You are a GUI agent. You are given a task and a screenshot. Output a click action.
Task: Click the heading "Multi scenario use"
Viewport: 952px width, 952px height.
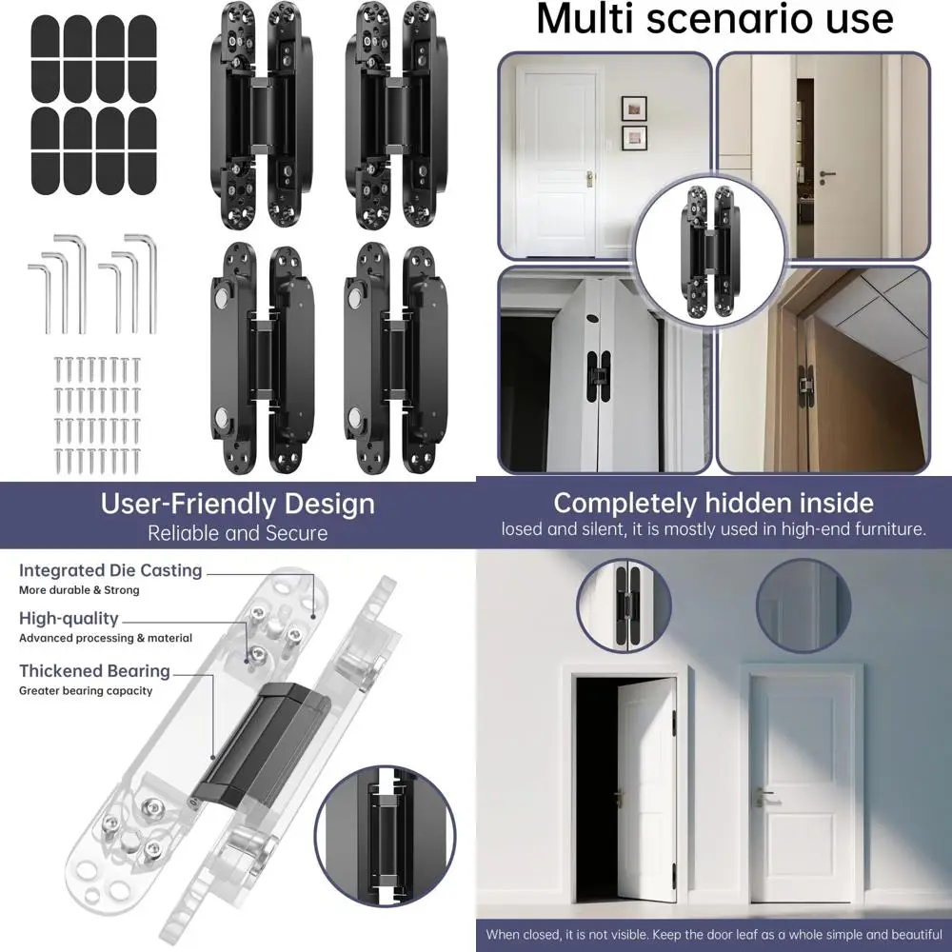pyautogui.click(x=715, y=20)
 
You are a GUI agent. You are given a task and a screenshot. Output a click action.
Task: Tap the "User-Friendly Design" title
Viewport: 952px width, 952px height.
pyautogui.click(x=238, y=504)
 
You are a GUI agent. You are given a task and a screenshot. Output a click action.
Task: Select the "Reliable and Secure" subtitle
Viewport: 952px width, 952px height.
pyautogui.click(x=238, y=533)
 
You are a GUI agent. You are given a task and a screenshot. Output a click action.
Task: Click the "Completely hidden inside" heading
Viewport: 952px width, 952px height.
pyautogui.click(x=714, y=503)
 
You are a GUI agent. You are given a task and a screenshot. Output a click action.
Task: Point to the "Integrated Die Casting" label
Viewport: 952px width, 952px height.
pyautogui.click(x=110, y=571)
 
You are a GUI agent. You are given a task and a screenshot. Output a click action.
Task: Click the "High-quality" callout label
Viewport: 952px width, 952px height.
pyautogui.click(x=69, y=619)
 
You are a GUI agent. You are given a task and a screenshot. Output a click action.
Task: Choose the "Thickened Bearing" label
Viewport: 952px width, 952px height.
pyautogui.click(x=94, y=671)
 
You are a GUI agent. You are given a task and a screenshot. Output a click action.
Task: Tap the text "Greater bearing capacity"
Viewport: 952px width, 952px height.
pyautogui.click(x=86, y=691)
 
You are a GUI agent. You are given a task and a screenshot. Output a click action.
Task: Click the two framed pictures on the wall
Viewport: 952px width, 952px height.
pyautogui.click(x=634, y=123)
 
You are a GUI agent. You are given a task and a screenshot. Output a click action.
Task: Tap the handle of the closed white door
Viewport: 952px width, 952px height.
pyautogui.click(x=763, y=796)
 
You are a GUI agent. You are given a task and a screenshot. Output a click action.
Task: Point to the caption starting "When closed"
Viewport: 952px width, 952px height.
pyautogui.click(x=714, y=934)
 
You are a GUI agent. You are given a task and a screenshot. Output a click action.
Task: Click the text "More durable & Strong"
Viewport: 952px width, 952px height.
pyautogui.click(x=79, y=590)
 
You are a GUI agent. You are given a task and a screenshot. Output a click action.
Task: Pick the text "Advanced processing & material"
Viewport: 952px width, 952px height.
pyautogui.click(x=106, y=639)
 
